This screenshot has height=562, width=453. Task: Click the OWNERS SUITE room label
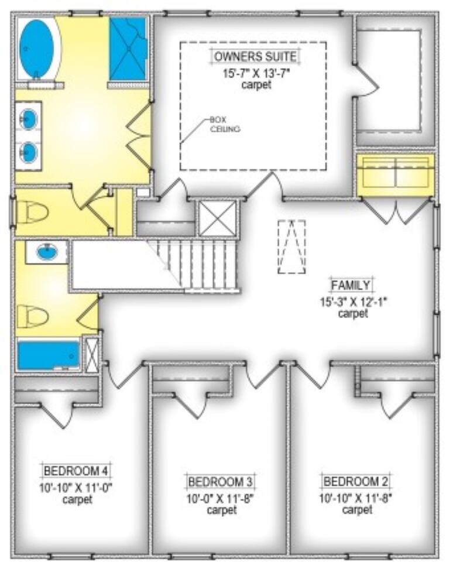[255, 56]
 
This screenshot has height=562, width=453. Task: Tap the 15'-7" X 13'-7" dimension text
[256, 74]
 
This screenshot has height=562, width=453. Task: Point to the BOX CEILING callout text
[225, 124]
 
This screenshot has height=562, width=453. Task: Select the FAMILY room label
[351, 285]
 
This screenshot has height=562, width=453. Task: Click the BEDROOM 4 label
[76, 470]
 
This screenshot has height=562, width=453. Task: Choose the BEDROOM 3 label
[221, 481]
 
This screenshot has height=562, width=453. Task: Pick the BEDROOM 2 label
[356, 481]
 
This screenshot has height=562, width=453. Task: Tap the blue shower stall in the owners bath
[128, 49]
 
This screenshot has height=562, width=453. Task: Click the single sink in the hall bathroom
[47, 252]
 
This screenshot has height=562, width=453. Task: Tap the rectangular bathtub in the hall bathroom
[49, 355]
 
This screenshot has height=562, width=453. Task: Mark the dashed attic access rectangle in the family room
[291, 246]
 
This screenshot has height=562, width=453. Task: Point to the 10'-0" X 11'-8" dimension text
[221, 498]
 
